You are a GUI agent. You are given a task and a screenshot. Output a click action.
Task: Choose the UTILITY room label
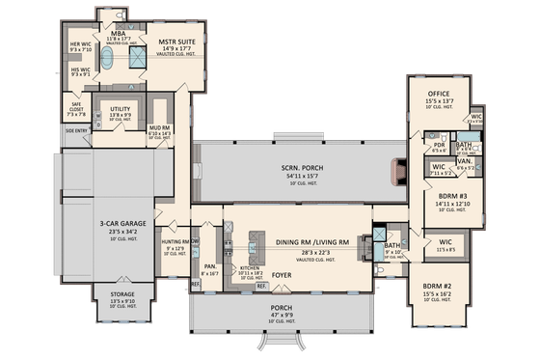[121, 110]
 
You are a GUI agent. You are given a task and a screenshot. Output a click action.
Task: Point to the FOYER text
[281, 273]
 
